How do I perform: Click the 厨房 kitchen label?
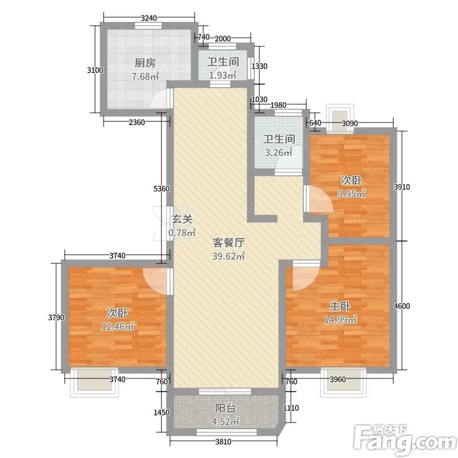pos(145,63)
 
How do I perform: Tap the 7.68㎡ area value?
pos(145,77)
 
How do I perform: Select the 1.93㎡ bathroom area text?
pos(223,75)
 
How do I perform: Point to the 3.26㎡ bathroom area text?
pos(279,152)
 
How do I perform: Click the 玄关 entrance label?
pos(182,219)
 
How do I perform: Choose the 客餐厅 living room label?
pos(228,242)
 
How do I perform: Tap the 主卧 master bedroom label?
pos(340,306)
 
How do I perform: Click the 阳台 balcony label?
pos(226,408)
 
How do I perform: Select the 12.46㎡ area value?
pos(117,326)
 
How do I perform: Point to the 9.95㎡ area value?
pos(352,194)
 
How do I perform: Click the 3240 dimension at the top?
pos(149,18)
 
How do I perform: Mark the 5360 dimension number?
pos(161,189)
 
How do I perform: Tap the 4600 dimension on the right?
pos(402,306)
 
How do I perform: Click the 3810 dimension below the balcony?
pos(223,441)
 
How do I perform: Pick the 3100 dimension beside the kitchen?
pos(95,70)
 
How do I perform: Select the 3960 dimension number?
pos(338,380)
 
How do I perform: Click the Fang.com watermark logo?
pos(405,440)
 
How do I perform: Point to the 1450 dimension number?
pos(161,412)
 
